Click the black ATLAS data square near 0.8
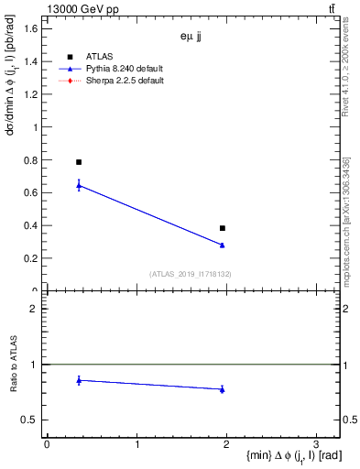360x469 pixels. pos(79,162)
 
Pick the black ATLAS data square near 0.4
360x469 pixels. pos(223,228)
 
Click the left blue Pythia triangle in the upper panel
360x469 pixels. pos(79,186)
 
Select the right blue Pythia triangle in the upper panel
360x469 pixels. pos(223,245)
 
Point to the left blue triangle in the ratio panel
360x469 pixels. pos(79,380)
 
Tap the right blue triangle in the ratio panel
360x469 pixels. pos(223,389)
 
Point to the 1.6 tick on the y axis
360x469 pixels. pos(31,29)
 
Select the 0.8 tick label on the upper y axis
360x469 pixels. pos(31,160)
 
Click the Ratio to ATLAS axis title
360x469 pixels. pos(12,365)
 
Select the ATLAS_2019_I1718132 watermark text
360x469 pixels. pos(191,273)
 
